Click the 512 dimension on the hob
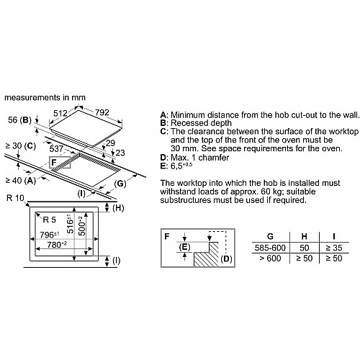tap(60, 113)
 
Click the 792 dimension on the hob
tap(102, 112)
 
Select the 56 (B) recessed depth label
tap(20, 120)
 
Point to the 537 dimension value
tap(56, 149)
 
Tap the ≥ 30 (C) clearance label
tap(21, 146)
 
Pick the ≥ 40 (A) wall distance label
tap(21, 180)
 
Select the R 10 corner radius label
tap(16, 198)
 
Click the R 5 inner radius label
tap(49, 220)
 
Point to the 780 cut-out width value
tap(57, 245)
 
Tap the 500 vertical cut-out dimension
tap(82, 226)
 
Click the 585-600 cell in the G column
tap(270, 248)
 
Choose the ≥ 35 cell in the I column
tap(334, 248)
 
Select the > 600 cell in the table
tap(270, 258)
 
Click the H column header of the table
tap(304, 236)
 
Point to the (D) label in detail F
tap(226, 258)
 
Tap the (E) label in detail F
tap(184, 247)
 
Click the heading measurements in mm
tap(45, 97)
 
